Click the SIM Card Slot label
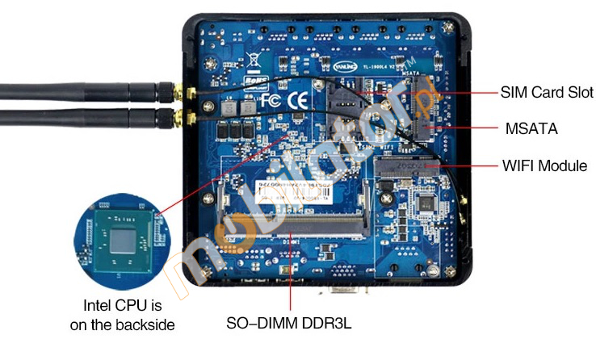coord(547,92)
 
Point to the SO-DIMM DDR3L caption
coord(289,324)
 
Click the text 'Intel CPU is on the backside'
coord(123,315)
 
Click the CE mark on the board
coord(296,102)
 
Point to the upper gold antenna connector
coord(173,92)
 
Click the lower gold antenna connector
coord(173,122)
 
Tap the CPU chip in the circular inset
coord(121,241)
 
